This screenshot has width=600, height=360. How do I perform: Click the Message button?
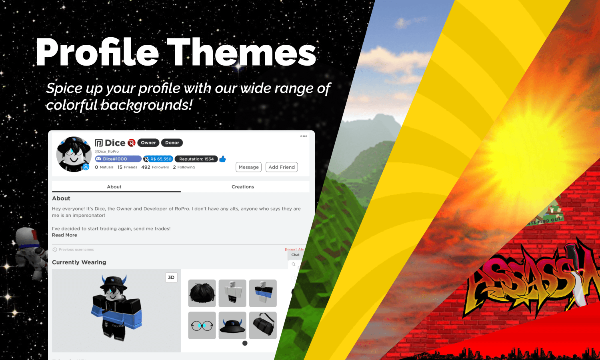tap(248, 167)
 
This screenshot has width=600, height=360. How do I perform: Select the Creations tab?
tap(242, 187)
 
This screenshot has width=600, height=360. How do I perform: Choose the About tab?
tap(114, 187)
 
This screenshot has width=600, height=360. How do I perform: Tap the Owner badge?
tap(148, 143)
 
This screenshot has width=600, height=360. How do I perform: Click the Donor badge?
tap(172, 143)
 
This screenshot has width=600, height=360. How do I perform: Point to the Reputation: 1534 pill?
tap(196, 159)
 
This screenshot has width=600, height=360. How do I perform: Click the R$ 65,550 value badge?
tap(158, 159)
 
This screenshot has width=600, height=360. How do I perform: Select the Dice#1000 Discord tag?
tap(118, 159)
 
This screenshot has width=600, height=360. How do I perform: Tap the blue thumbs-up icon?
tap(223, 159)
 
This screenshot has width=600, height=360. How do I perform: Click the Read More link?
tap(64, 235)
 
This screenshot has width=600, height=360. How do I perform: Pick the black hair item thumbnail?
tap(202, 293)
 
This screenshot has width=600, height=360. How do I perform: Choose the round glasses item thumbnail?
tap(202, 325)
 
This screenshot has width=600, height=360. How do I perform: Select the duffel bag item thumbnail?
tap(263, 325)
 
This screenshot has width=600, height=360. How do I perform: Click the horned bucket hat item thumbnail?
tap(232, 325)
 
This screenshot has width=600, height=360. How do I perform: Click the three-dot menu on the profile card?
tap(304, 136)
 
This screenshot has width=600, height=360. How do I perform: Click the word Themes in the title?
tap(242, 53)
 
